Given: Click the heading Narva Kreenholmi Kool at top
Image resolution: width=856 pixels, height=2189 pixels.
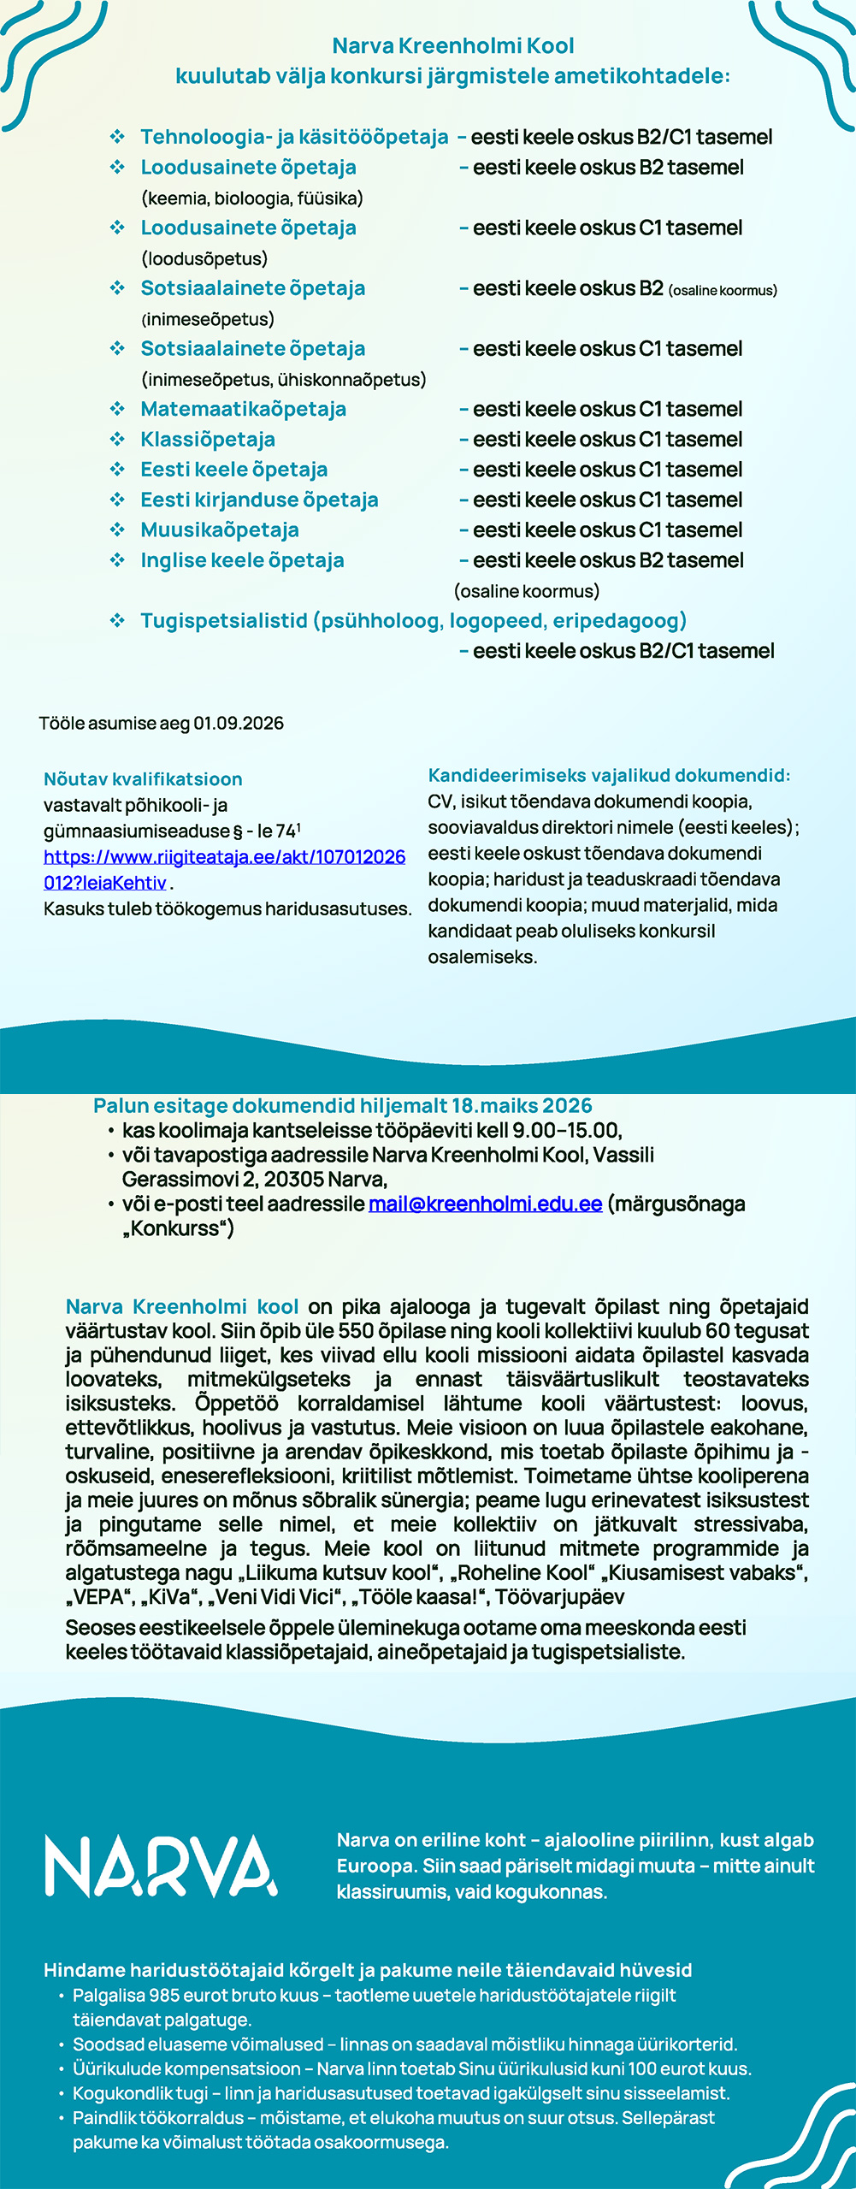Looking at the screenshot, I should [x=452, y=46].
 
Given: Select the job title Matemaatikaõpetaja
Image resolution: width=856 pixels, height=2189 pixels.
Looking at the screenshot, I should [x=243, y=410].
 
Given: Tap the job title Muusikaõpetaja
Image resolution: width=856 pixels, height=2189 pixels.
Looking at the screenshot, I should [x=219, y=530].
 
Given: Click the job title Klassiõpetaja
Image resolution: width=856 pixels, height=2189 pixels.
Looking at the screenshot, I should [x=208, y=440].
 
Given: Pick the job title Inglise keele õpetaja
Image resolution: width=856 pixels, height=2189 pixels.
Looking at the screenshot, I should [x=242, y=561].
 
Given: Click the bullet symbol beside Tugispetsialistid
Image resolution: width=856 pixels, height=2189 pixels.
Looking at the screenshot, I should [x=117, y=621].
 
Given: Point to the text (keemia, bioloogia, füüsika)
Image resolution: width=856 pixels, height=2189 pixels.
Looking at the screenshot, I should [x=251, y=198].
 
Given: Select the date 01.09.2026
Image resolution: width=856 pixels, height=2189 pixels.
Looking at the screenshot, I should [x=238, y=724].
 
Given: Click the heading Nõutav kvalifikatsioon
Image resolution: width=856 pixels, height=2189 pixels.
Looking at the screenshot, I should [x=143, y=779].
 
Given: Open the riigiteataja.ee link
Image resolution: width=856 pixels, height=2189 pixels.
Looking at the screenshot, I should [x=224, y=857].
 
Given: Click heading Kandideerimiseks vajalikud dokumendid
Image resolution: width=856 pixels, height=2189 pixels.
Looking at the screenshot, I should [x=609, y=776].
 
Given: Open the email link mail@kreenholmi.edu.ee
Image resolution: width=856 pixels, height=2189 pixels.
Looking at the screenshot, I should [x=485, y=1204].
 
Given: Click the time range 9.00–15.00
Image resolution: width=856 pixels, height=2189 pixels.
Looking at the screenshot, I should [x=565, y=1131].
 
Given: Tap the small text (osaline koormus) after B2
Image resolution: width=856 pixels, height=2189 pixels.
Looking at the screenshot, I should [x=723, y=291].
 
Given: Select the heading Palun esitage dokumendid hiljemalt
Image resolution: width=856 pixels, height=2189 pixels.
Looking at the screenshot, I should [x=342, y=1106].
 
